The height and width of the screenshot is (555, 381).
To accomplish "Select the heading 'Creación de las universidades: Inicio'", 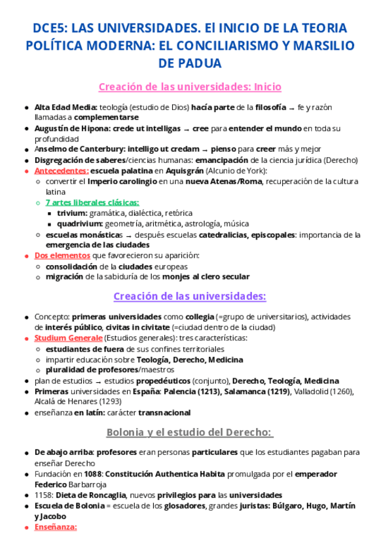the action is (x=190, y=86).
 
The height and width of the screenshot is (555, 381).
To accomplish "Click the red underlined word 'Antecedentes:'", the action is (x=61, y=171).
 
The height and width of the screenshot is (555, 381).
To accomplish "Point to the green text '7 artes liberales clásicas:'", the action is (x=92, y=203).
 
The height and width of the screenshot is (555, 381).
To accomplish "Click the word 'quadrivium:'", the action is (x=81, y=224).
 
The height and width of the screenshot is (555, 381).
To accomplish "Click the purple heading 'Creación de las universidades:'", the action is (x=190, y=296).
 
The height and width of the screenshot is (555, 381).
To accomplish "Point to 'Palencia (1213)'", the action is (x=222, y=391).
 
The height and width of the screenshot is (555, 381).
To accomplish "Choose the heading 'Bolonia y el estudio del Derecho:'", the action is (x=190, y=433).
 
